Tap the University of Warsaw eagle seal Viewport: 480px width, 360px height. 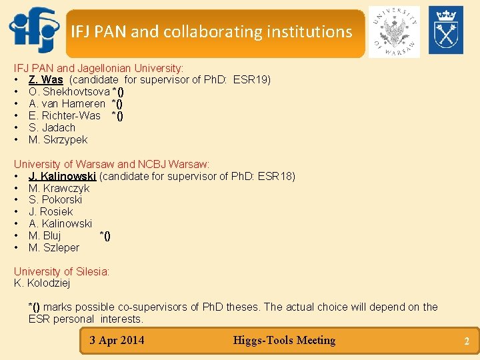[393, 31]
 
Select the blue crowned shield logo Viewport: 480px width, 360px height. [445, 30]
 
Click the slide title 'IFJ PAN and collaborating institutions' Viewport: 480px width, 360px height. [211, 31]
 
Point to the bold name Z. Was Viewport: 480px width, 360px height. [45, 80]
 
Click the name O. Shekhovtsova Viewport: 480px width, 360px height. [69, 92]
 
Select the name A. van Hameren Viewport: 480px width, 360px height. [67, 104]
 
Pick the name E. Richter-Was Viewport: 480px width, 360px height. [65, 116]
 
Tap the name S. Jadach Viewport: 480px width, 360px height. [52, 128]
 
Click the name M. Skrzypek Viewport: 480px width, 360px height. [58, 140]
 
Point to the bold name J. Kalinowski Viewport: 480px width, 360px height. [63, 177]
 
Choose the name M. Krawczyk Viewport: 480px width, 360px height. [59, 189]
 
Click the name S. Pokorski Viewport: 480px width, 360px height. [55, 200]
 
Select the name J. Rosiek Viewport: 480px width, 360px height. [51, 212]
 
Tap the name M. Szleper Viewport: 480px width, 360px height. [54, 248]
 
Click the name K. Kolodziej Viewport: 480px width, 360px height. [42, 283]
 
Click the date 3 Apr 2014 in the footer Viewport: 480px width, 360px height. [117, 341]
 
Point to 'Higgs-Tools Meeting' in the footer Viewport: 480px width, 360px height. [284, 341]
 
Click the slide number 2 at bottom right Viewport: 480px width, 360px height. [467, 342]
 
